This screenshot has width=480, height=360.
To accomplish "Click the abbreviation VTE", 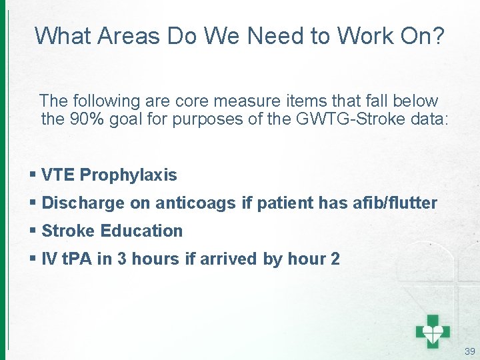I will (x=58, y=175).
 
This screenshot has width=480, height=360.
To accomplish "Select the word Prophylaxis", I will (x=129, y=176).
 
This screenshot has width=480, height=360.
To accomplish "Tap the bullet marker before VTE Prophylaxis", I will (x=33, y=175).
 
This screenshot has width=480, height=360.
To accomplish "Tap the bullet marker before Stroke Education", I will (x=33, y=231).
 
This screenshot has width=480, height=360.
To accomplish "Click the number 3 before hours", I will (x=122, y=259).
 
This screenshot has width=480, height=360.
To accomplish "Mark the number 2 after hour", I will (x=335, y=259).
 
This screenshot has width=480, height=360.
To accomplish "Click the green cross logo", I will (x=433, y=330).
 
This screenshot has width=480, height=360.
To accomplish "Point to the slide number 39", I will (x=469, y=351).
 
